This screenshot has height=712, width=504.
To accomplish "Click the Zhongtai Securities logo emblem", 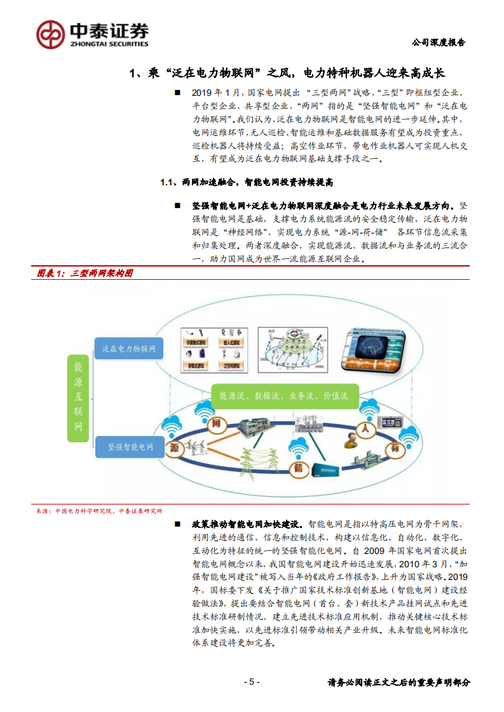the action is [51, 34].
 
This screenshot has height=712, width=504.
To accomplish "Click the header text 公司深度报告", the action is [439, 43].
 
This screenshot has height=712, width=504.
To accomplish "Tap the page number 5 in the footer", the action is [252, 682].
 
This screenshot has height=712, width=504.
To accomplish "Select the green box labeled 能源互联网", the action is [78, 398].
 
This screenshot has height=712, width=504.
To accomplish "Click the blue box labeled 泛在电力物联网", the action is [129, 348].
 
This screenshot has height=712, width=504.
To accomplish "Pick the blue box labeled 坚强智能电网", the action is [129, 447].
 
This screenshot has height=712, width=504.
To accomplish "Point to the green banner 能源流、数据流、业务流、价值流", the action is [283, 395].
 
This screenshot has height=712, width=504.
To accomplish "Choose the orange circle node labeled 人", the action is [365, 428].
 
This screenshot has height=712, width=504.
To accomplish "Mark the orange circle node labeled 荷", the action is [395, 447].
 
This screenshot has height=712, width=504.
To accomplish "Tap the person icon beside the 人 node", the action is [350, 439].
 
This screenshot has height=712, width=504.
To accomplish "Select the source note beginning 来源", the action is [99, 510].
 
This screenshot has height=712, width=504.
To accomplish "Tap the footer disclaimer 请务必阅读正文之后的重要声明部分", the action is [399, 683].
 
